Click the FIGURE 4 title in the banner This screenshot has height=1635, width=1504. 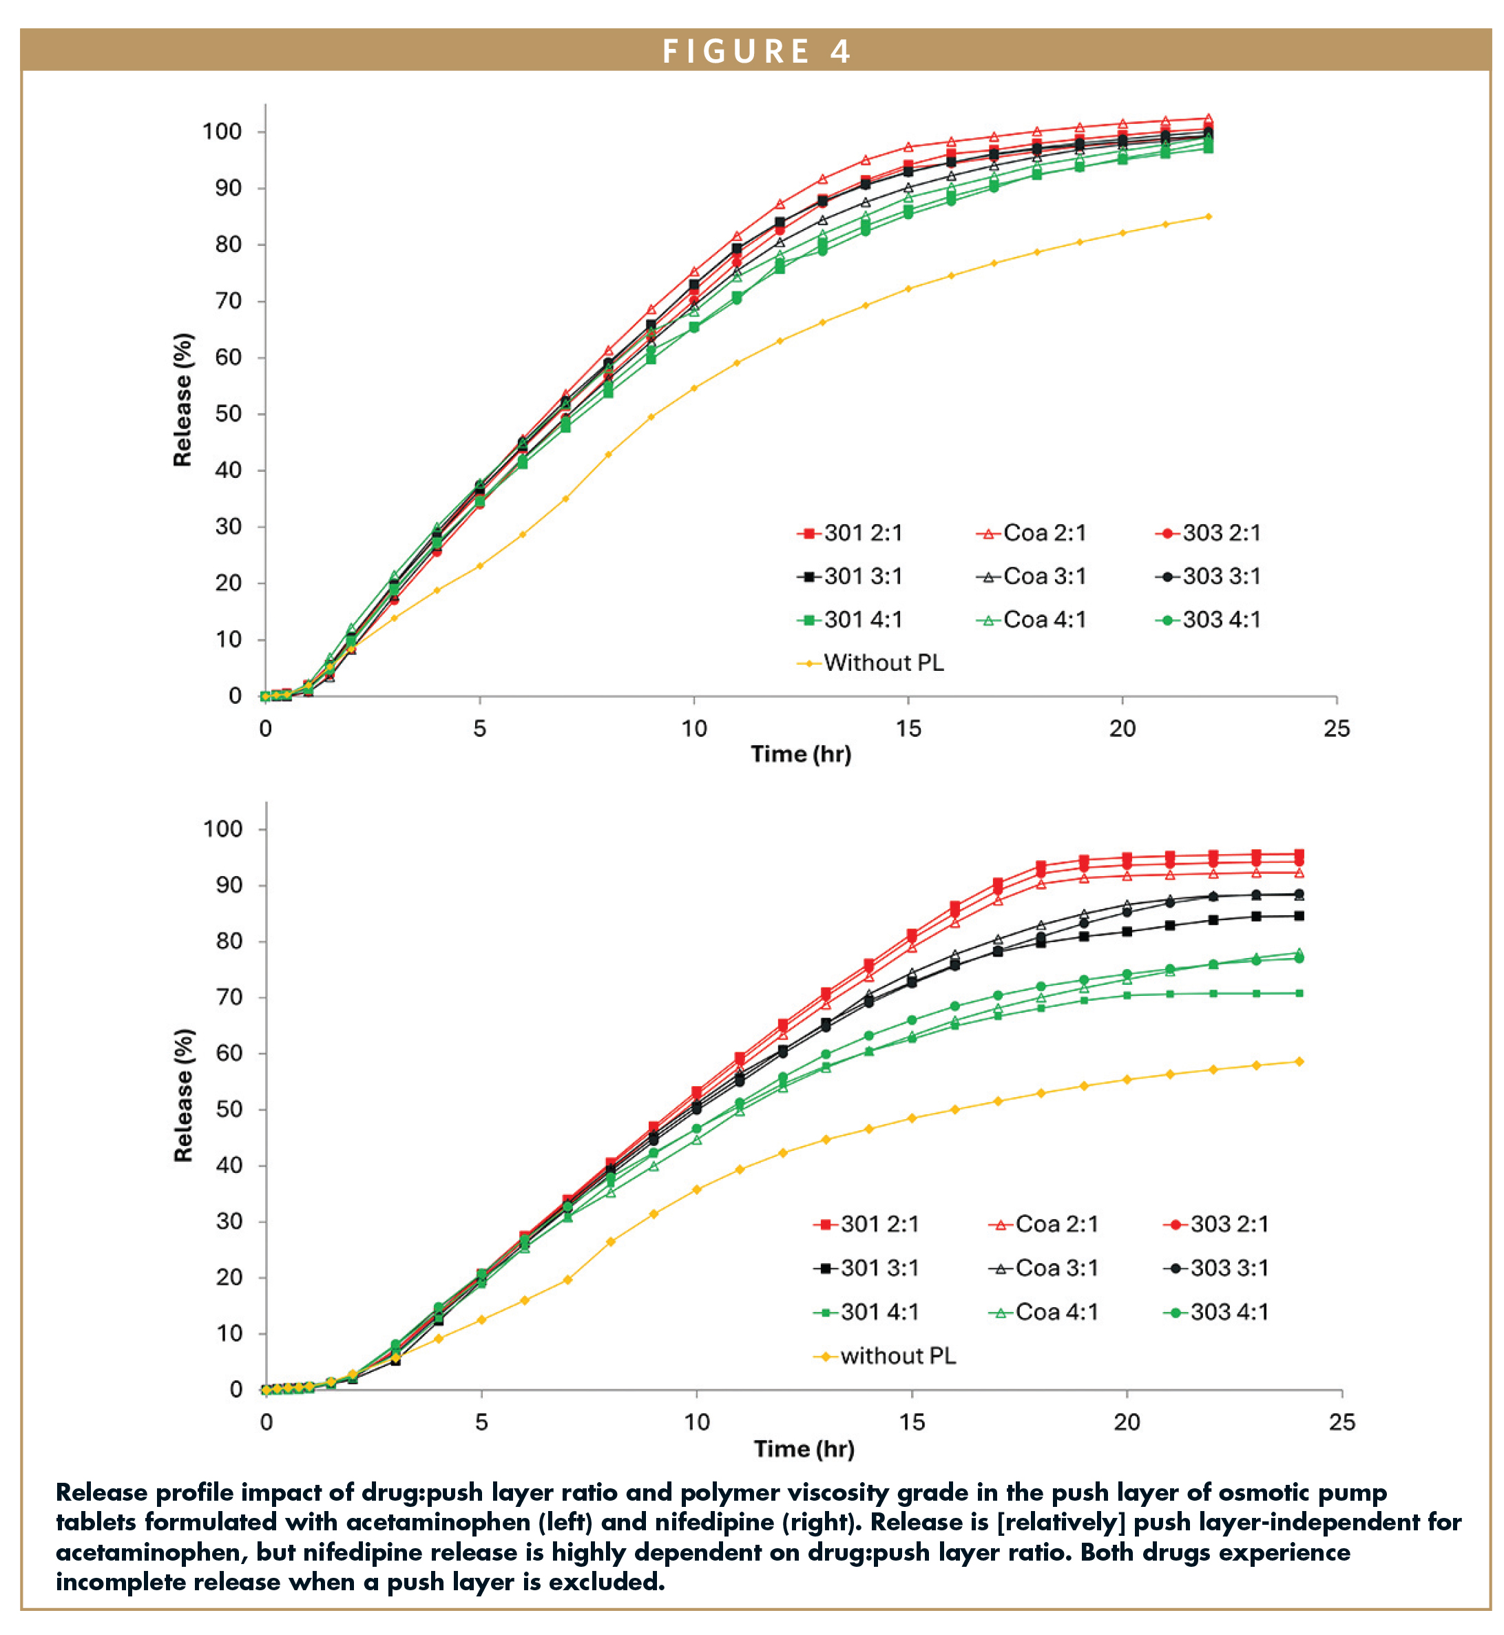click(756, 51)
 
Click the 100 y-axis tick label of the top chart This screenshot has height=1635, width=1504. click(222, 132)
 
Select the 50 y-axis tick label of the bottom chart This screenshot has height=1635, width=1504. click(229, 1110)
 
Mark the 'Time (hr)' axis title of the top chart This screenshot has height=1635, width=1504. click(801, 754)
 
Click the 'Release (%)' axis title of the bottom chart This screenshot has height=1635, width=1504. click(184, 1096)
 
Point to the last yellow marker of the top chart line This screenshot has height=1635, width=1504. click(1209, 216)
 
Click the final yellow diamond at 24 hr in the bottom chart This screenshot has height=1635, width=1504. click(1299, 1061)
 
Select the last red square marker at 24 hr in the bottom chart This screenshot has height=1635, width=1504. click(1299, 855)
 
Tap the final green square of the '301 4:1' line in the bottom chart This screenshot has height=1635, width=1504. click(1299, 993)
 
